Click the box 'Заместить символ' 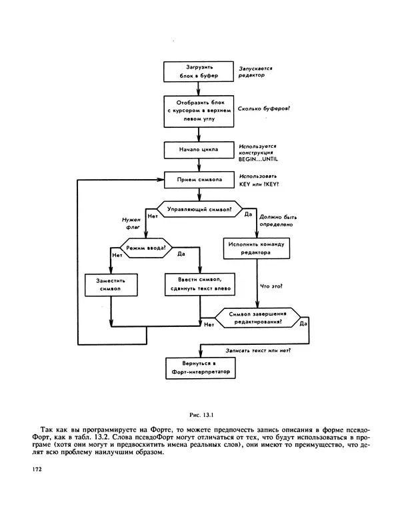click(110, 285)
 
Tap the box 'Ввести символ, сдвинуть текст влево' click(199, 284)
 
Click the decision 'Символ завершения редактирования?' click(257, 317)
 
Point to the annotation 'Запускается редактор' click(254, 72)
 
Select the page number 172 click(37, 469)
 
